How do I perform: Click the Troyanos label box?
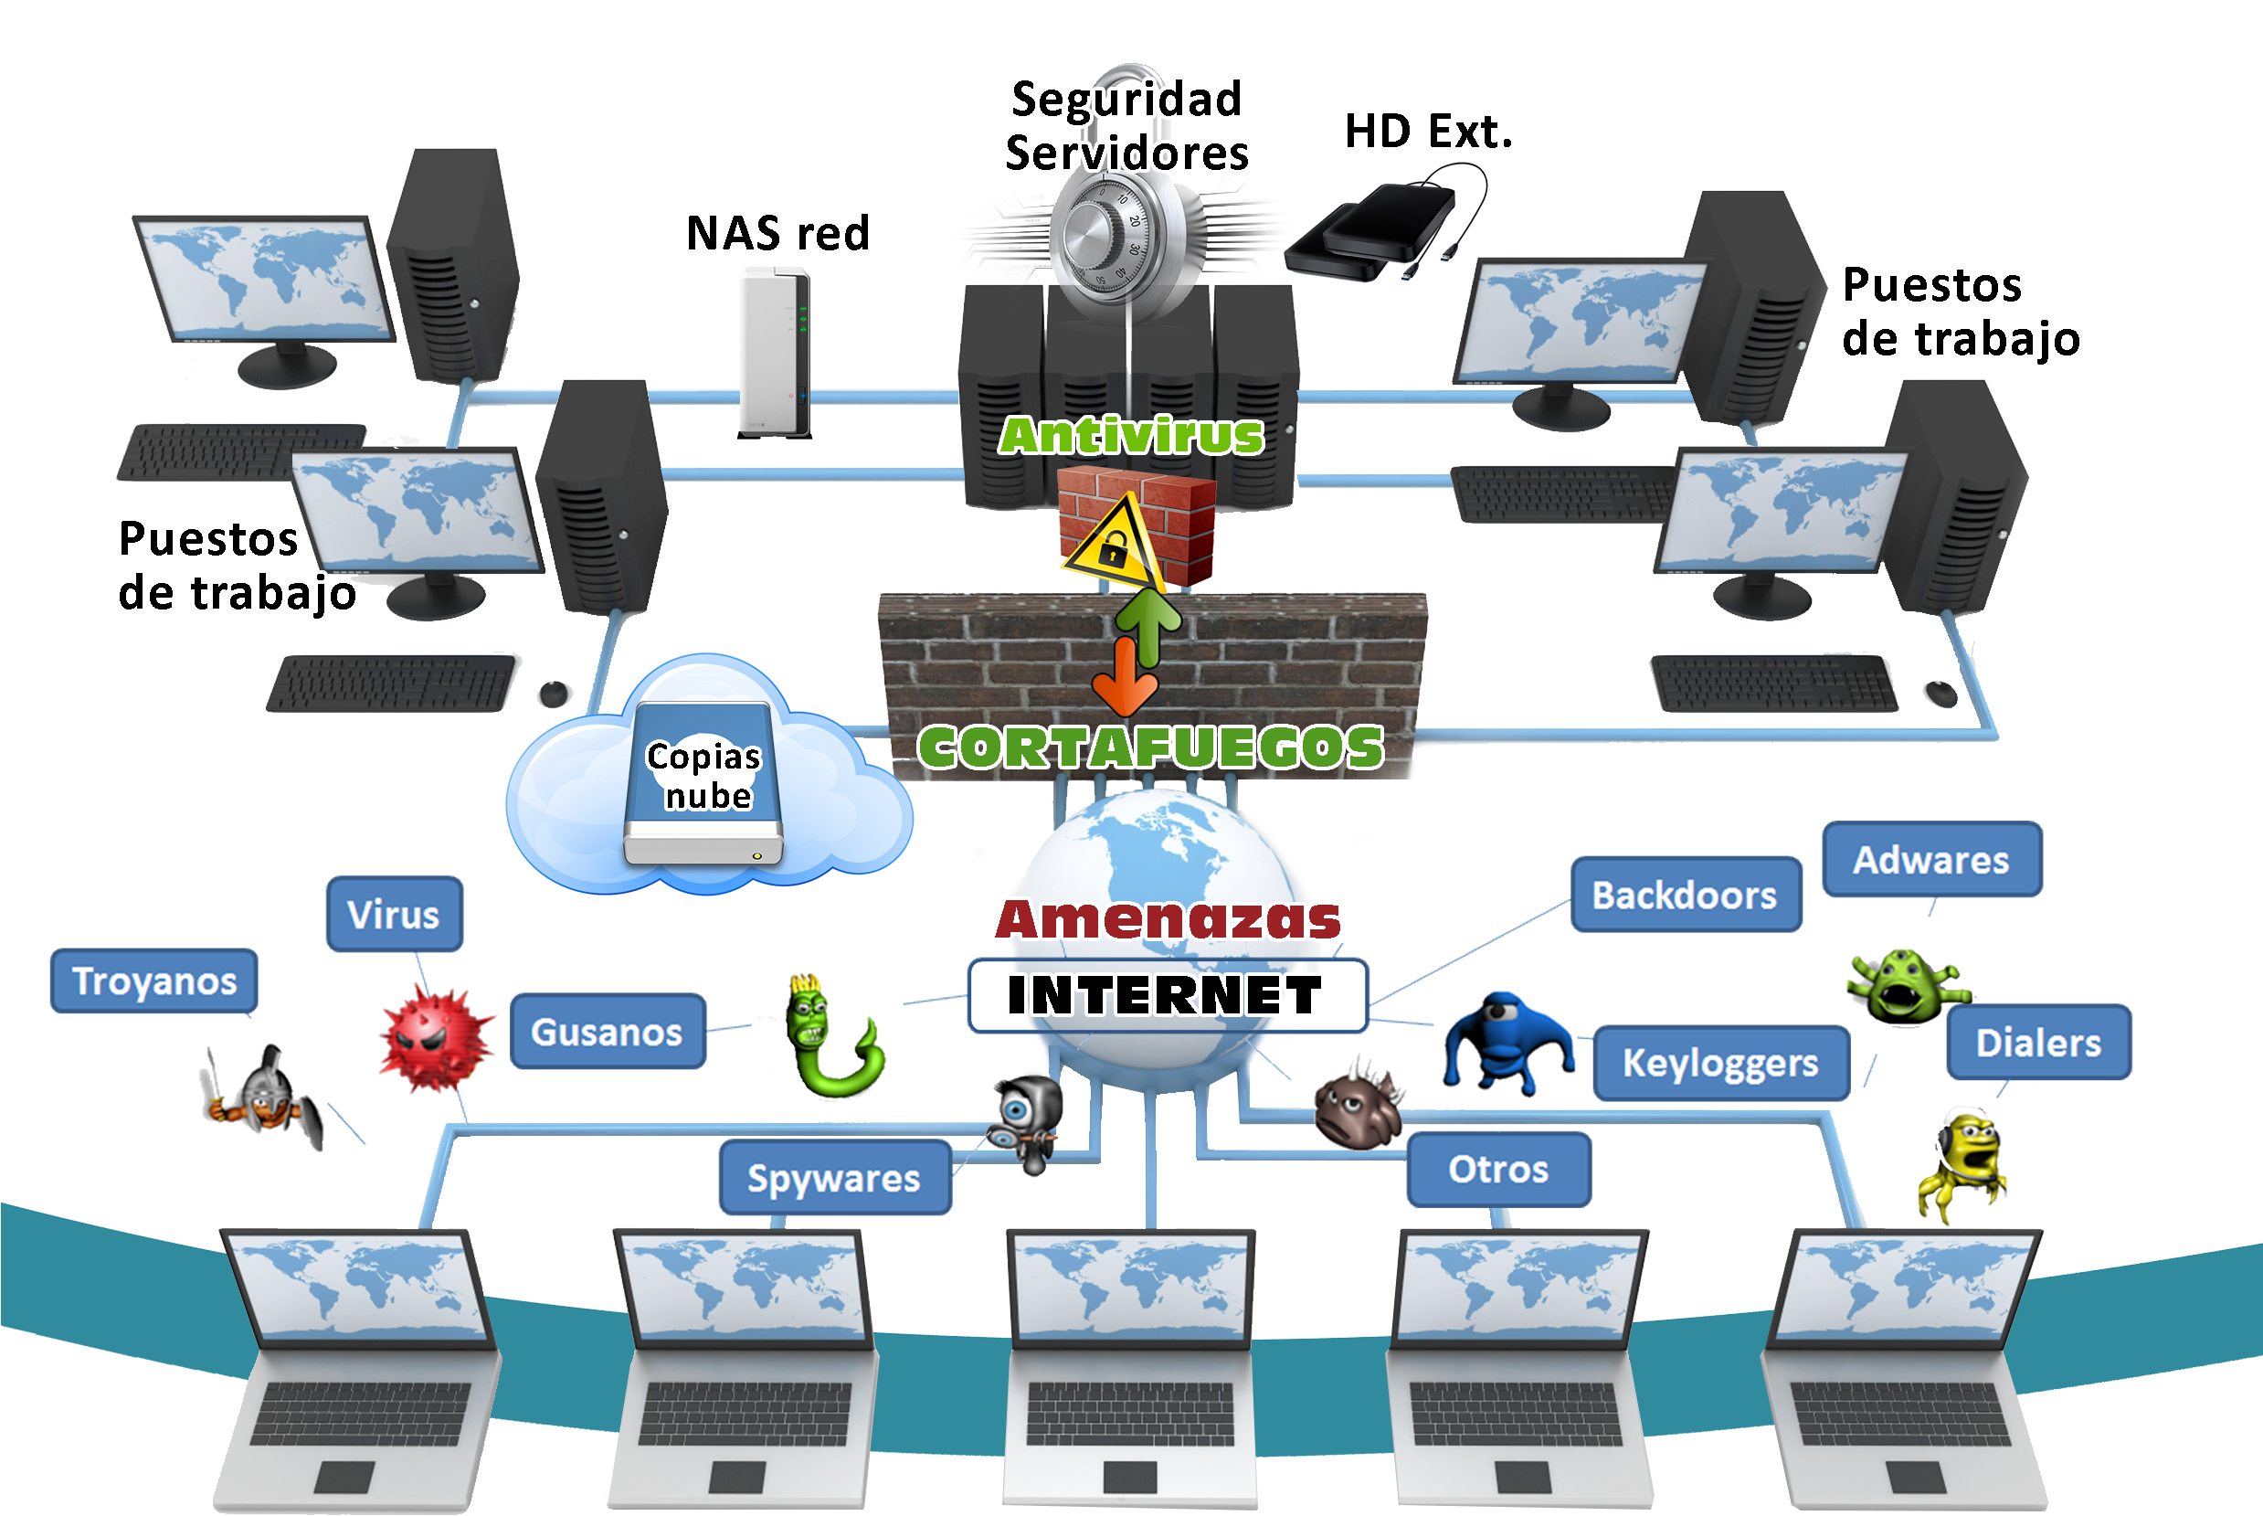point(153,981)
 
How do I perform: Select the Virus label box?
point(394,914)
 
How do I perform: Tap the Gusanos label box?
point(607,1031)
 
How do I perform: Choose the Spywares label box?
point(834,1178)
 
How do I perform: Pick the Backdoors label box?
point(1685,895)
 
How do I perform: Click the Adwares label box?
point(1931,860)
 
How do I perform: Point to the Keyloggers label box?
point(1720,1063)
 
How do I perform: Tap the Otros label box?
point(1498,1169)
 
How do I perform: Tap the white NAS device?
point(775,352)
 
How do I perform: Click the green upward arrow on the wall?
point(1148,623)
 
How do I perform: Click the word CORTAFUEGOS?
point(1150,747)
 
